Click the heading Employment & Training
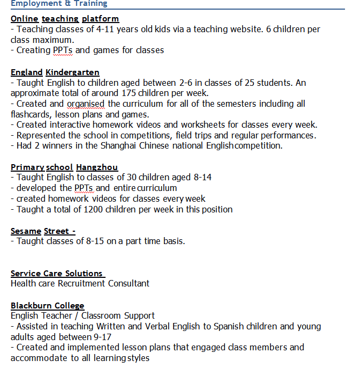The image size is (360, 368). tap(59, 4)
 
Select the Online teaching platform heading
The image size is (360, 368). tap(65, 19)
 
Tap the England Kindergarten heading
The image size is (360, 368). tap(55, 72)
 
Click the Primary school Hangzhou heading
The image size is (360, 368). tap(64, 167)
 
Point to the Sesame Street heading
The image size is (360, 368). tap(43, 231)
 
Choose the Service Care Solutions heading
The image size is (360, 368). tap(57, 274)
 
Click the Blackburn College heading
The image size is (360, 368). tap(47, 306)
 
